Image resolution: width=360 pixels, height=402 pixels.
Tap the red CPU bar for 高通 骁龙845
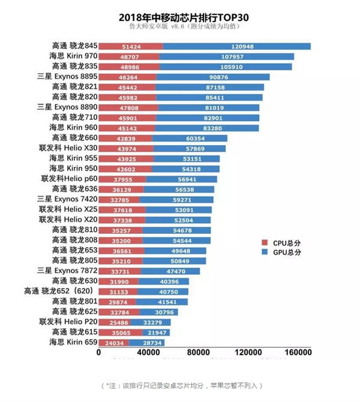pos(130,46)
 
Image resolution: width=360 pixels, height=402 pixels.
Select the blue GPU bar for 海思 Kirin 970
pos(227,56)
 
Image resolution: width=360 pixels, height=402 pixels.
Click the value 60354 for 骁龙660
pos(193,138)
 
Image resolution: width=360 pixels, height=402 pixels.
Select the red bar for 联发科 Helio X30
pos(125,148)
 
